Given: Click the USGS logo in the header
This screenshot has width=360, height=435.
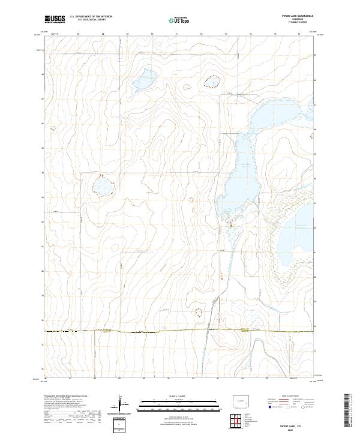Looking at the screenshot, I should tap(55, 19).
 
